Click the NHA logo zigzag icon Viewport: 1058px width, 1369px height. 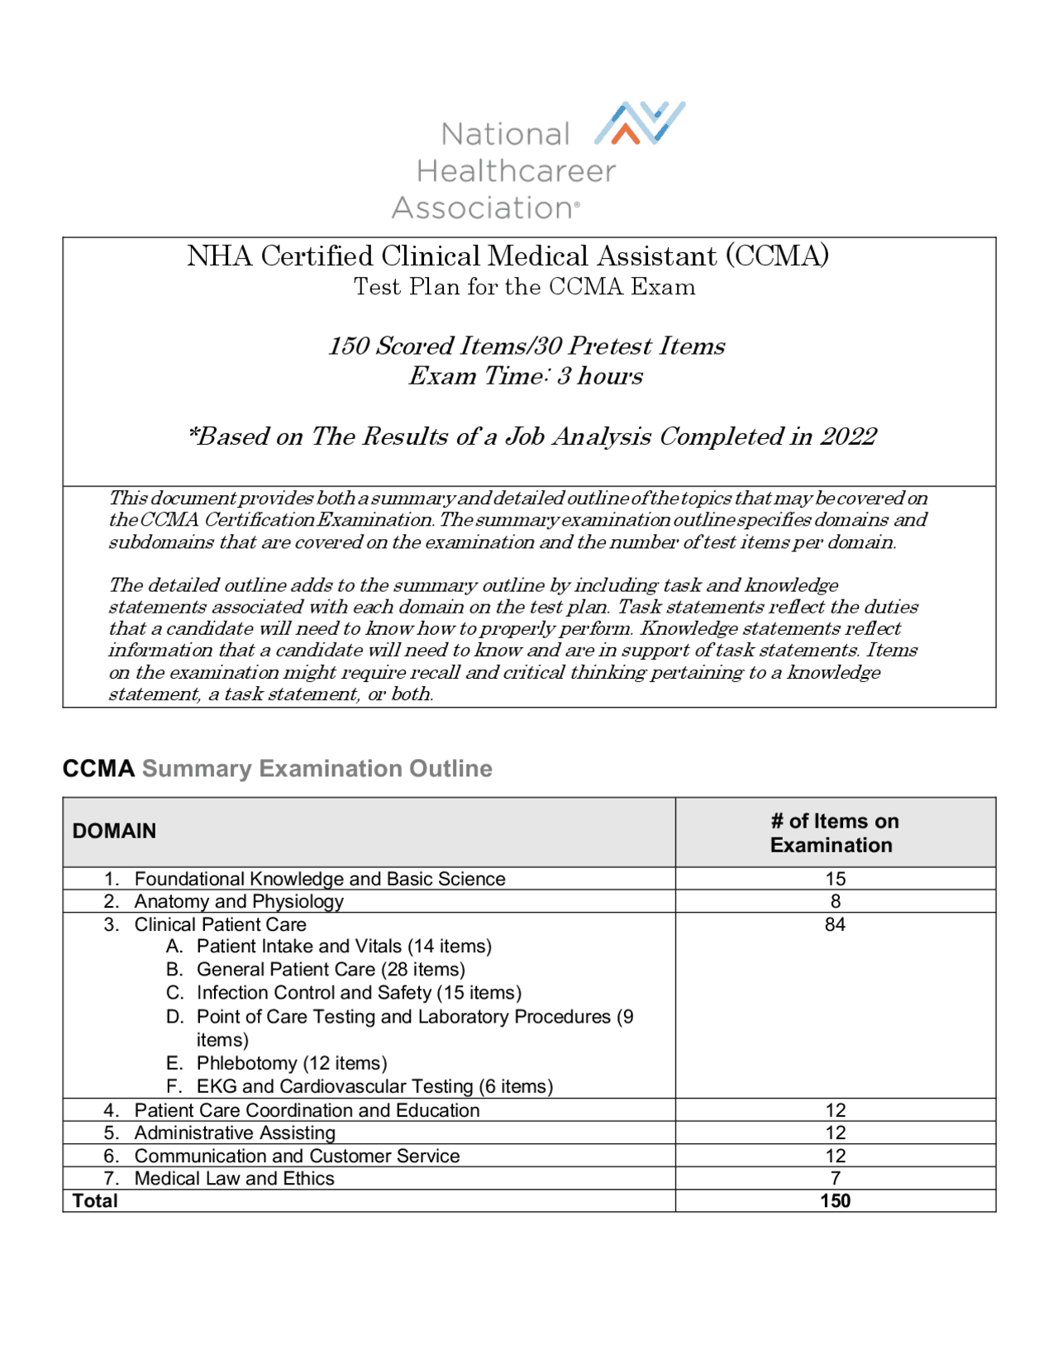pyautogui.click(x=640, y=123)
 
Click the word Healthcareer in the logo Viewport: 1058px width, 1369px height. pyautogui.click(x=516, y=171)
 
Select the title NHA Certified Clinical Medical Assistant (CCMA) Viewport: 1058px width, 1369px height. pyautogui.click(x=508, y=256)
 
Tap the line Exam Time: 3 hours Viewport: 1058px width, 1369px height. pyautogui.click(x=526, y=376)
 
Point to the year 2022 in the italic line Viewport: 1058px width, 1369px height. pyautogui.click(x=848, y=436)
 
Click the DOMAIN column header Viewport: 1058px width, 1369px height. pyautogui.click(x=114, y=831)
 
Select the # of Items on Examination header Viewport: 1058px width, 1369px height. pyautogui.click(x=834, y=832)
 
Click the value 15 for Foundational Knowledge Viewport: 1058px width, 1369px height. pyautogui.click(x=835, y=879)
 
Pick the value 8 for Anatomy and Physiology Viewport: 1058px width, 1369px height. pyautogui.click(x=835, y=901)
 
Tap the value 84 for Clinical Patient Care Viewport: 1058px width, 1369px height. pyautogui.click(x=835, y=924)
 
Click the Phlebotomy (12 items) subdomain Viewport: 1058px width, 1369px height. pyautogui.click(x=291, y=1063)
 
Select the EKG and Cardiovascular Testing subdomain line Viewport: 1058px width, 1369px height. pyautogui.click(x=374, y=1086)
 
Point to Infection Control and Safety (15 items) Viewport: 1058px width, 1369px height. pyautogui.click(x=359, y=993)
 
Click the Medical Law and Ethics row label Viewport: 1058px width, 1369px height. pyautogui.click(x=234, y=1178)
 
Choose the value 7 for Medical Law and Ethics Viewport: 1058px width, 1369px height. pyautogui.click(x=835, y=1178)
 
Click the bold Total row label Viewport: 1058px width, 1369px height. pyautogui.click(x=95, y=1200)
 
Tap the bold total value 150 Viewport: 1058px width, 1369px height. pyautogui.click(x=835, y=1200)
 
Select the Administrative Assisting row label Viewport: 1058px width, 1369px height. pyautogui.click(x=235, y=1133)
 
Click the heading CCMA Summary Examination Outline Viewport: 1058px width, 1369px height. pyautogui.click(x=277, y=769)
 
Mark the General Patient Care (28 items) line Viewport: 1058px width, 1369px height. pyautogui.click(x=331, y=969)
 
